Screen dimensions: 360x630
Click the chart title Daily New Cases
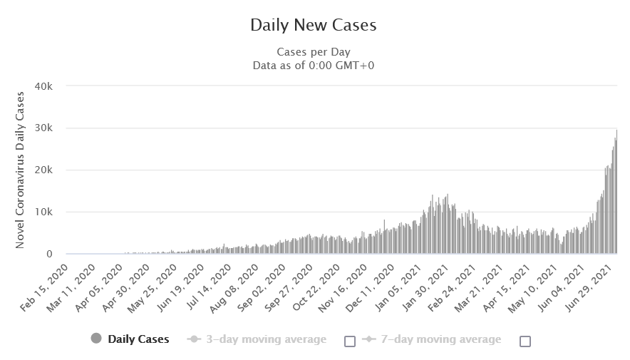pyautogui.click(x=314, y=25)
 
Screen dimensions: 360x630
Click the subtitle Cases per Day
pyautogui.click(x=314, y=52)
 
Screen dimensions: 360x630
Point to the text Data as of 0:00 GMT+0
pyautogui.click(x=314, y=65)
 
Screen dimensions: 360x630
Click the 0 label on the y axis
pyautogui.click(x=50, y=254)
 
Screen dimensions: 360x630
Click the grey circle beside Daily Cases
pyautogui.click(x=96, y=339)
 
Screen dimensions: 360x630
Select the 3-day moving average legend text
pyautogui.click(x=265, y=339)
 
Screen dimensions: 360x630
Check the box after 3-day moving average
pyautogui.click(x=349, y=341)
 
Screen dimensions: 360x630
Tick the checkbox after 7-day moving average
pyautogui.click(x=525, y=341)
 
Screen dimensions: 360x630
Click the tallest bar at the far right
pyautogui.click(x=616, y=192)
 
